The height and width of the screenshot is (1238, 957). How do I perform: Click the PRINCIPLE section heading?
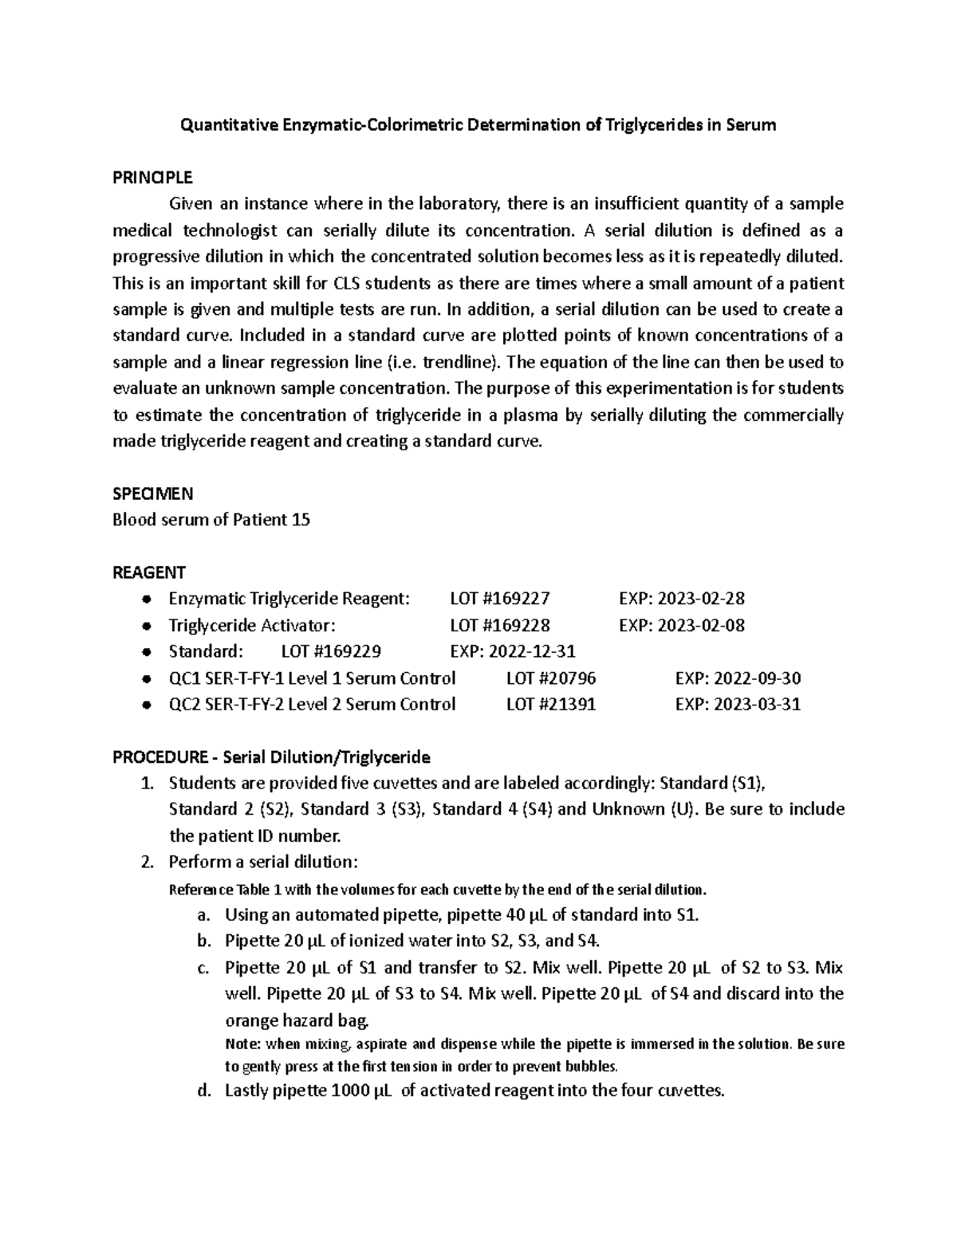coord(152,177)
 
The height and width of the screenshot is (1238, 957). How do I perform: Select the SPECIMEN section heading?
coord(152,493)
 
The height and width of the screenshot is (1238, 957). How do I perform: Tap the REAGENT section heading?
coord(149,572)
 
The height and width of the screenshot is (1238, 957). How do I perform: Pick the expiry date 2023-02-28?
coord(699,599)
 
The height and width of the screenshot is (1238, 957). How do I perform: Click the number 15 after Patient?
coord(301,520)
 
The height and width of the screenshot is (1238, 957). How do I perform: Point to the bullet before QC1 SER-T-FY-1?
coord(145,679)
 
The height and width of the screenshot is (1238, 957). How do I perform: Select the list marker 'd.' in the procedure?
coord(204,1091)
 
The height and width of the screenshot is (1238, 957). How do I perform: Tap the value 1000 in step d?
coord(349,1091)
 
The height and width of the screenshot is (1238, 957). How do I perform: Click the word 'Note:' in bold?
coord(243,1044)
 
